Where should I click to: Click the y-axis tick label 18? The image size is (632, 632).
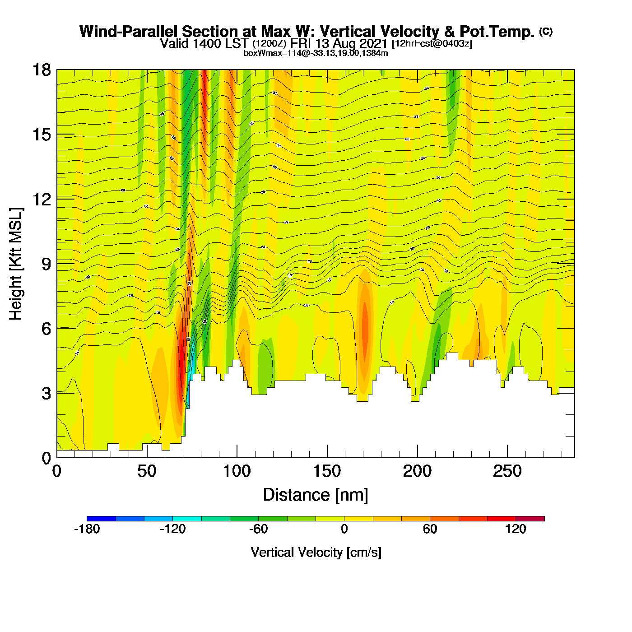click(41, 70)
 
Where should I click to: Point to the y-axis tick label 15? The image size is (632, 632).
click(41, 135)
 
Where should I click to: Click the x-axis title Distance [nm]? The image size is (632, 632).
click(316, 495)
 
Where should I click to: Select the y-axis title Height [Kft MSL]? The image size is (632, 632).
click(16, 264)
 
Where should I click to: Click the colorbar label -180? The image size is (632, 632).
click(87, 529)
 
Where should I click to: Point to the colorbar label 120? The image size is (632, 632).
click(516, 529)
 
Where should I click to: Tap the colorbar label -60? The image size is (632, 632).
click(258, 529)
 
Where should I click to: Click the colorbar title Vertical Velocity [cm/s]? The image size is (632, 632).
click(316, 553)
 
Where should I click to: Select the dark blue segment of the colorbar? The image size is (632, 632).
click(101, 518)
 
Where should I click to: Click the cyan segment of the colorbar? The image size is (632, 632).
click(187, 518)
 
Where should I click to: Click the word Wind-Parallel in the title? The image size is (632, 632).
click(129, 32)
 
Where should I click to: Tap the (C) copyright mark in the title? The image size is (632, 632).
click(546, 31)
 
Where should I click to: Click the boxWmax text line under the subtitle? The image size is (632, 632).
click(316, 53)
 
